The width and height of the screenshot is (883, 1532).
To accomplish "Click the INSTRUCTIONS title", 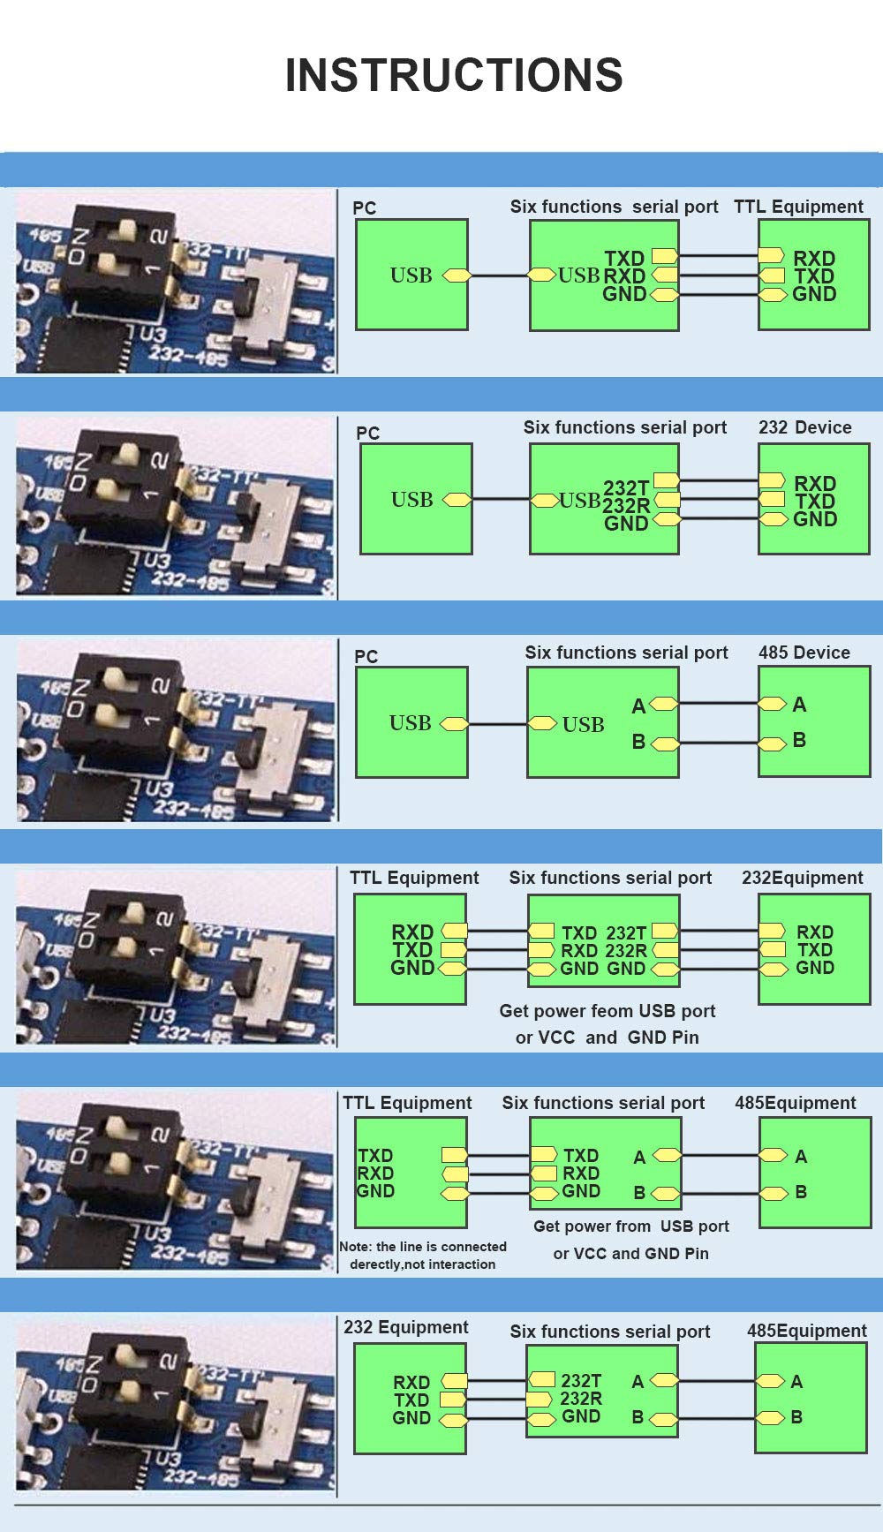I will [454, 75].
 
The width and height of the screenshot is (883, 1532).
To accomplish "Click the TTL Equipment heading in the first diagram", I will [798, 207].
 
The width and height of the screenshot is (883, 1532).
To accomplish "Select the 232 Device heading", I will [804, 427].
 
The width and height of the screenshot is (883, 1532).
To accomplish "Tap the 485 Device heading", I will [804, 653].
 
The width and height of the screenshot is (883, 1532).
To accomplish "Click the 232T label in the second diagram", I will [626, 487].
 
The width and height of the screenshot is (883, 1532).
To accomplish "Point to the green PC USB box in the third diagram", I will [411, 722].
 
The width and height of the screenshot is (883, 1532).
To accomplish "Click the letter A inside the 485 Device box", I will [799, 704].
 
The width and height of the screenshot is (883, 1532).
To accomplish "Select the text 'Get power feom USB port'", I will [607, 1011].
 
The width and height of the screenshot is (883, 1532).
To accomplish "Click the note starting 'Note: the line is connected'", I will [423, 1255].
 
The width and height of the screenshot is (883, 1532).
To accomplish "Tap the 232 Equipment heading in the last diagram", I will [406, 1327].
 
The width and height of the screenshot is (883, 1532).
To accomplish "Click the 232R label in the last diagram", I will [581, 1399].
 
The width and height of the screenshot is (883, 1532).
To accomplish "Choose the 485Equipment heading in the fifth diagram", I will [795, 1103].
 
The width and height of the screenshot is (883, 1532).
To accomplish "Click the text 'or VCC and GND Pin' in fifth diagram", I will [630, 1253].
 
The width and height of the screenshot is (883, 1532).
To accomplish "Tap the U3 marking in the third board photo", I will [159, 789].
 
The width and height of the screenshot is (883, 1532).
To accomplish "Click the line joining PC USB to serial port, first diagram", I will [499, 275].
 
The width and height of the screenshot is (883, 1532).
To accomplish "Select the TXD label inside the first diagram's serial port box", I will [624, 258].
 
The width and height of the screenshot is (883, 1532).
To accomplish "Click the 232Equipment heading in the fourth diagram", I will [802, 878].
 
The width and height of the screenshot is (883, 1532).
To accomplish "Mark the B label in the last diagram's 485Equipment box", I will [796, 1417].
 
